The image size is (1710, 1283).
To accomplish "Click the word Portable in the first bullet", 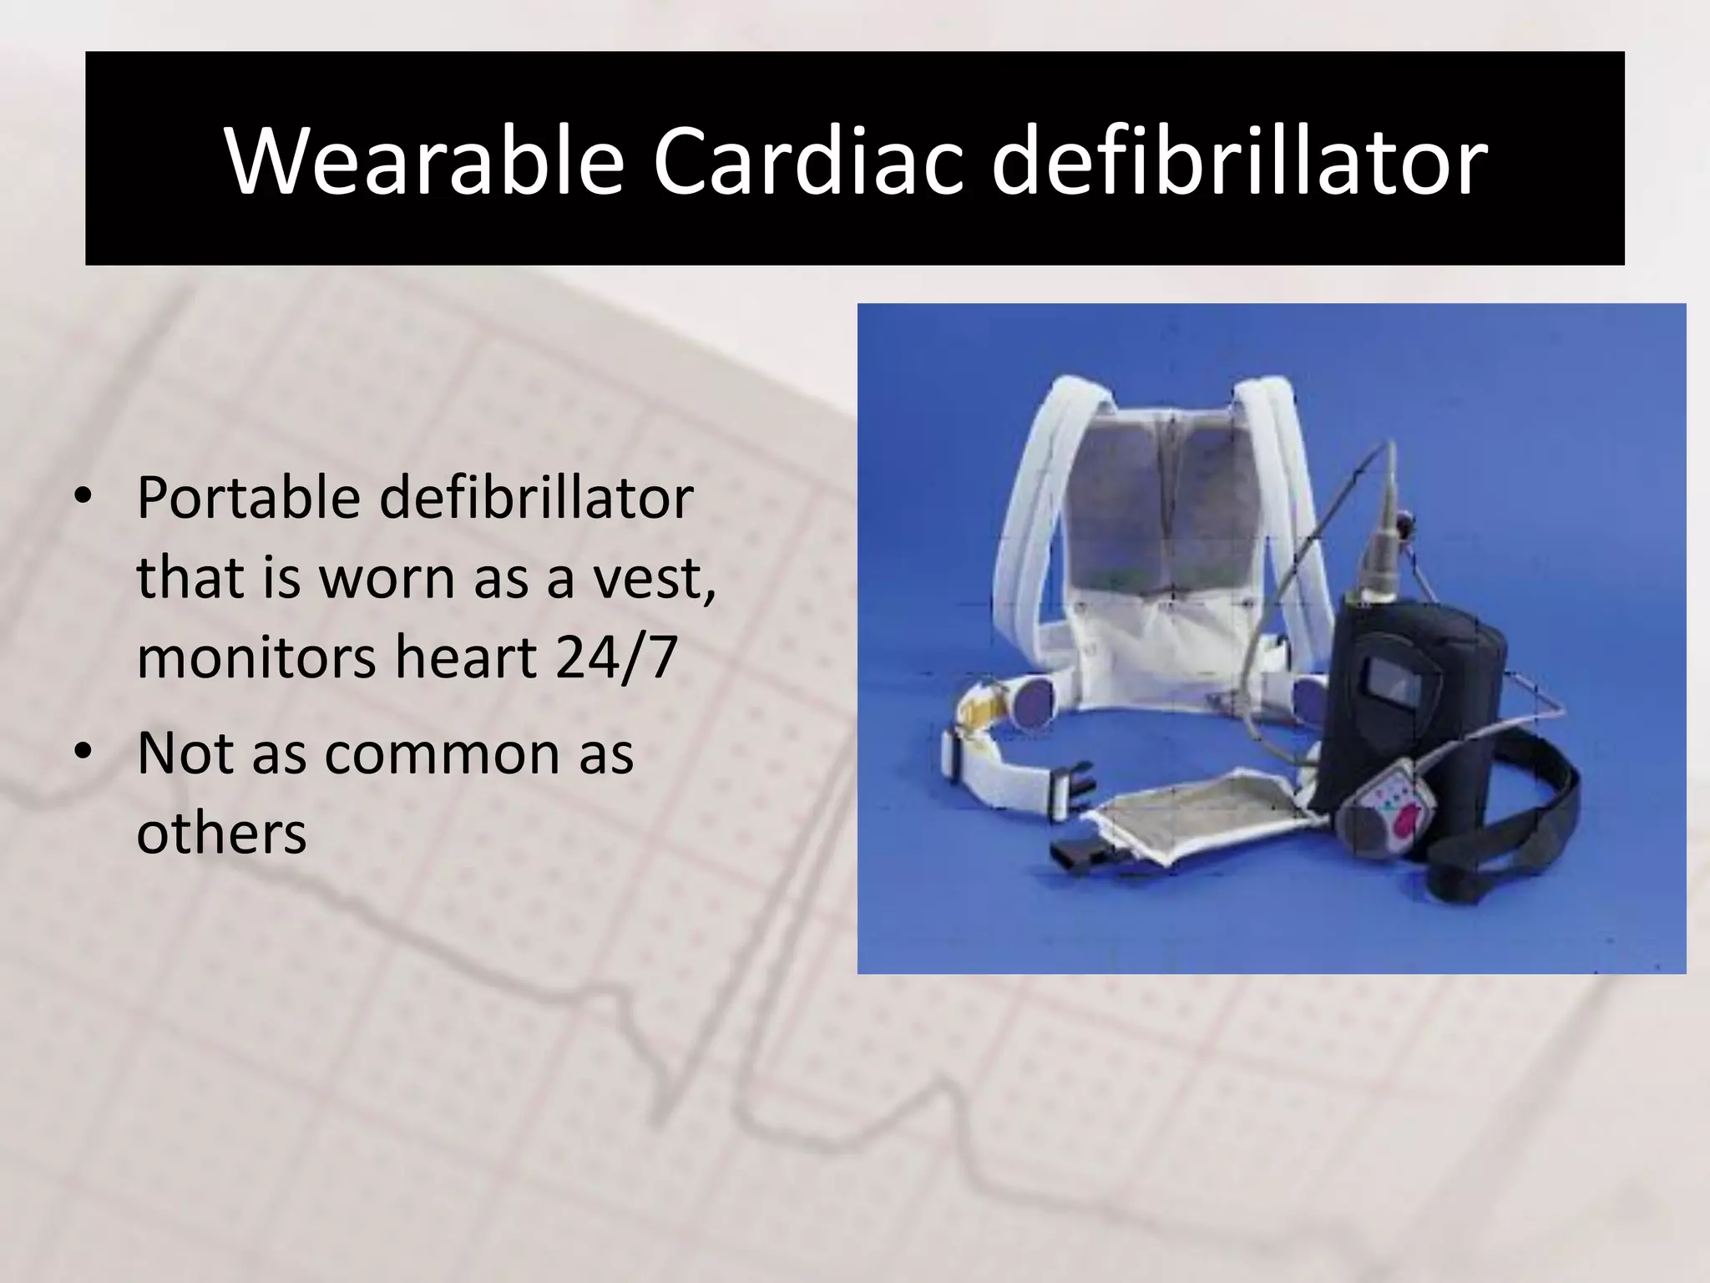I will coord(248,500).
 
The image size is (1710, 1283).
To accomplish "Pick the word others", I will coord(221,833).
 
